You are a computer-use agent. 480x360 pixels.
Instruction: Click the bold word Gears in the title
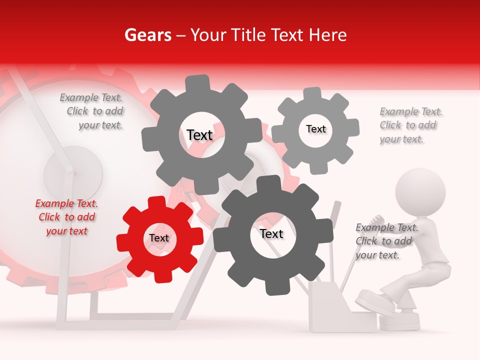tap(146, 35)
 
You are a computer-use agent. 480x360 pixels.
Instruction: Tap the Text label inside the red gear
tap(159, 238)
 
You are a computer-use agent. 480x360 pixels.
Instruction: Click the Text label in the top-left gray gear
tap(199, 135)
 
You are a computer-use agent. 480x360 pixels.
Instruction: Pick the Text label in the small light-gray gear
tap(315, 129)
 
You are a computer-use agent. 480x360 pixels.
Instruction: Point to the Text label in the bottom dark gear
tap(271, 233)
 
